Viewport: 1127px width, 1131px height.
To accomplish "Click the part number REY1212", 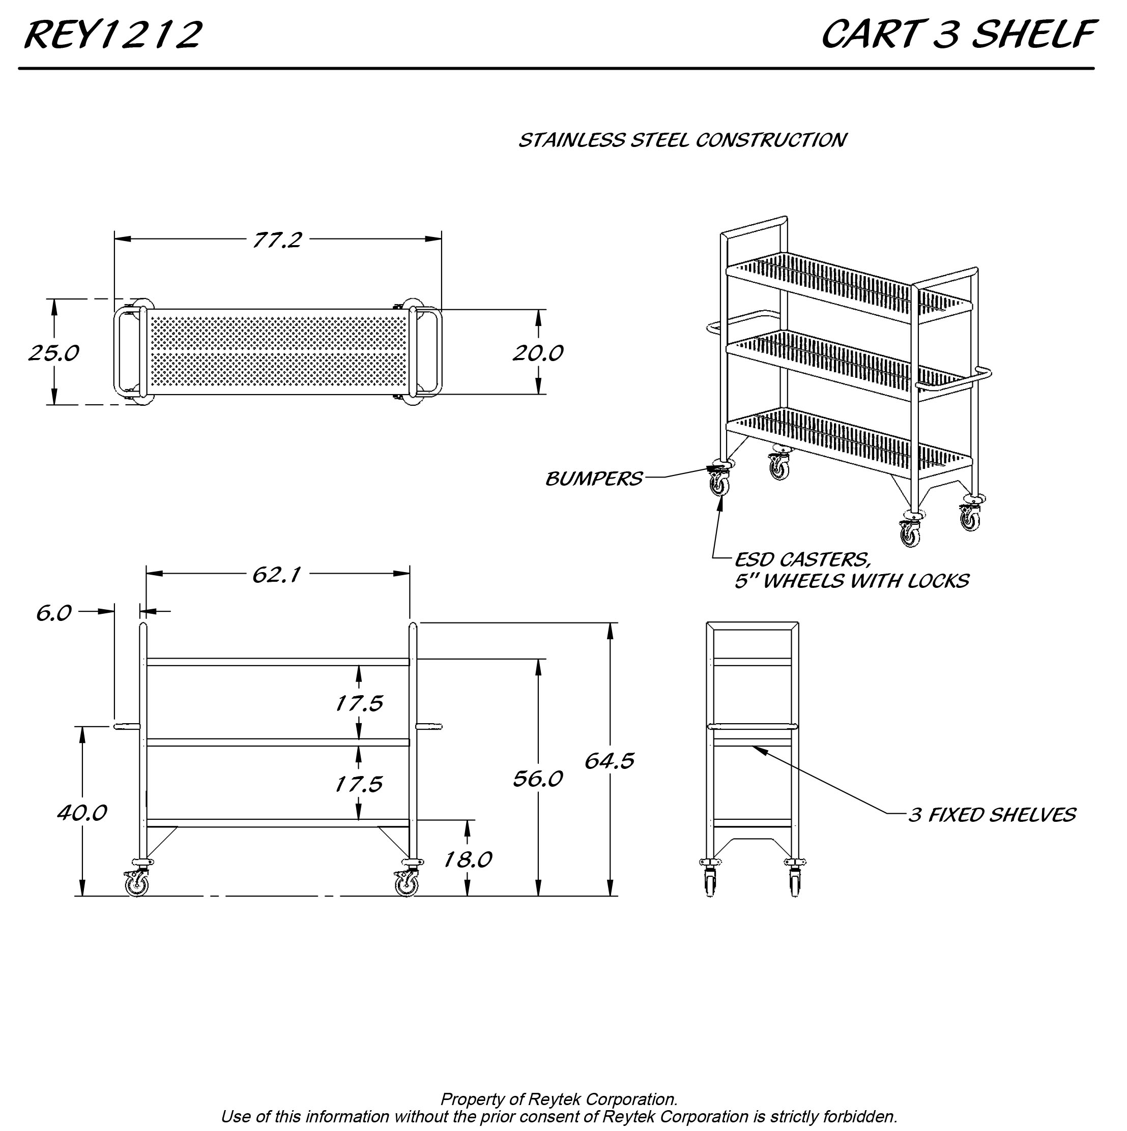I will click(113, 35).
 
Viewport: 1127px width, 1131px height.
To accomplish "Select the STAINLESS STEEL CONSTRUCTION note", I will click(682, 140).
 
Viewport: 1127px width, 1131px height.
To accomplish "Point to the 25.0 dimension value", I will click(53, 353).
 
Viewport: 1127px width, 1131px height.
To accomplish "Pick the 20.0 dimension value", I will click(538, 353).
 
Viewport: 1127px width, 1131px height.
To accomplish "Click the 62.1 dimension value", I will click(276, 576).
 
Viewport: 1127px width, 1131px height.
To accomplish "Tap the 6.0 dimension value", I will click(53, 613).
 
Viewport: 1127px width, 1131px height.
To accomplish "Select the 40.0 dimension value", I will click(81, 813).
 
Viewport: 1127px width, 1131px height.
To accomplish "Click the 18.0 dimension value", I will click(467, 860).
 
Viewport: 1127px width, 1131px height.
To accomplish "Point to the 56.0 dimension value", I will click(537, 779).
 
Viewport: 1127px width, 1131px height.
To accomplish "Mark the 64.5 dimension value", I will click(609, 761).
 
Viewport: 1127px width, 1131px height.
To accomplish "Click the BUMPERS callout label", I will click(593, 480).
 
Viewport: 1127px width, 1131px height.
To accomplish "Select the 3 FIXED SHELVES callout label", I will click(992, 816).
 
